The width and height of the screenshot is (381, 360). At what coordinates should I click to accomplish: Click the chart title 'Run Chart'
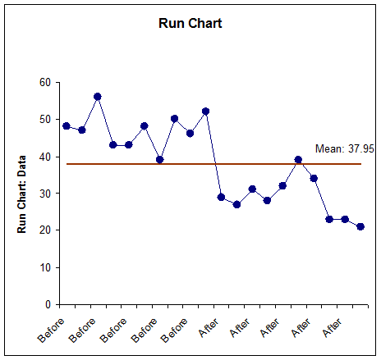(x=190, y=23)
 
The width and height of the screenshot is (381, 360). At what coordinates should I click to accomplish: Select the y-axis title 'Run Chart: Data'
(x=24, y=193)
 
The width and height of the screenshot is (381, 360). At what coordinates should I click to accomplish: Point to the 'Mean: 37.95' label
(x=339, y=149)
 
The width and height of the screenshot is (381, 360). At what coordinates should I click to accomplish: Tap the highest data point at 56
(x=98, y=97)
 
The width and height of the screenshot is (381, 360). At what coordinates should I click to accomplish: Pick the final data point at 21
(x=360, y=226)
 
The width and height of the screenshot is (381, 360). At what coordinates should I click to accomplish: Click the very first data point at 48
(x=67, y=126)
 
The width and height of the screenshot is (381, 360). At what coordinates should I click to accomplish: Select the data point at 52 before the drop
(x=205, y=112)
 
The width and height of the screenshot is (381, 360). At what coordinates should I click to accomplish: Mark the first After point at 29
(x=221, y=197)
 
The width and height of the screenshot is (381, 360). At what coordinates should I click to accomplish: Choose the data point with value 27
(x=236, y=204)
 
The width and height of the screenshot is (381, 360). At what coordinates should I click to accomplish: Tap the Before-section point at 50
(x=175, y=119)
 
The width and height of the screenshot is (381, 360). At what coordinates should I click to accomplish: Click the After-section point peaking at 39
(x=298, y=160)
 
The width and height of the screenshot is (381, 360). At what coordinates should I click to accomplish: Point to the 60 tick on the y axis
(x=44, y=83)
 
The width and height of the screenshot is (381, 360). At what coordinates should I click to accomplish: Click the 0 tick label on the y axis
(x=48, y=304)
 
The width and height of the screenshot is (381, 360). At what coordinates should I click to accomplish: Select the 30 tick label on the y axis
(x=44, y=194)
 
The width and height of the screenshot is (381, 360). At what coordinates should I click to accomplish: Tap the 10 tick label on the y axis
(x=44, y=267)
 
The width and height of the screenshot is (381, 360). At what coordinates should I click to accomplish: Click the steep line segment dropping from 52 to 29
(x=213, y=154)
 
